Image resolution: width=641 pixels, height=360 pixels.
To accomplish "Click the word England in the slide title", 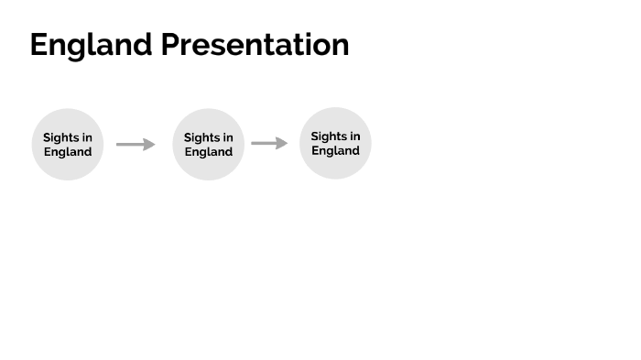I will tap(91, 45).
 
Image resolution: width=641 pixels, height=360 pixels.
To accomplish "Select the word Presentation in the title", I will tap(255, 45).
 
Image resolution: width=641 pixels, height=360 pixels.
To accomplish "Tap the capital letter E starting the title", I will tap(39, 45).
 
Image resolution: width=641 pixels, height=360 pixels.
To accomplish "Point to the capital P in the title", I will tap(171, 45).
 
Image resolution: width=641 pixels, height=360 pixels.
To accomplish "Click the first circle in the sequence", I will tap(68, 144).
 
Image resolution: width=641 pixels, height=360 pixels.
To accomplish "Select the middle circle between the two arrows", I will tap(209, 144).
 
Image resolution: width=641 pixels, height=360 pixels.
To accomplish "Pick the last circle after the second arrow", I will tap(335, 143).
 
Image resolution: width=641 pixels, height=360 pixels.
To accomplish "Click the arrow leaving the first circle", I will tap(136, 144).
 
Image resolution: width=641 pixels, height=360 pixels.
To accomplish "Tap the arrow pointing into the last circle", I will tap(269, 143).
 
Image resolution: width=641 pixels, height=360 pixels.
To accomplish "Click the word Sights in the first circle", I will tap(60, 137).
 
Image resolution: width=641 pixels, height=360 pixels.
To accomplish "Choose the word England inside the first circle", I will tap(68, 152).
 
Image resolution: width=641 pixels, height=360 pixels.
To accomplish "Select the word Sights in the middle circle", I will tap(201, 137).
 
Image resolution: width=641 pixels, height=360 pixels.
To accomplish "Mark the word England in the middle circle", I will tap(209, 152).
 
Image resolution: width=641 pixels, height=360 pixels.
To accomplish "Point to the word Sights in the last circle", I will tap(328, 136).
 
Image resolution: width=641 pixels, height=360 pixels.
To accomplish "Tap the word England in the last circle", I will tap(335, 151).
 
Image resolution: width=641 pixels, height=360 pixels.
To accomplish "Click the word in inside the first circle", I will tap(87, 137).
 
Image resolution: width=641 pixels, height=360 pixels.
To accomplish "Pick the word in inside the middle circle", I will tap(228, 137).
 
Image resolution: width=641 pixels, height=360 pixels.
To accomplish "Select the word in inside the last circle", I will tap(354, 136).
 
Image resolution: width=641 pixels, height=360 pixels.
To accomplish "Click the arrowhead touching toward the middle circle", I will tap(150, 144).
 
